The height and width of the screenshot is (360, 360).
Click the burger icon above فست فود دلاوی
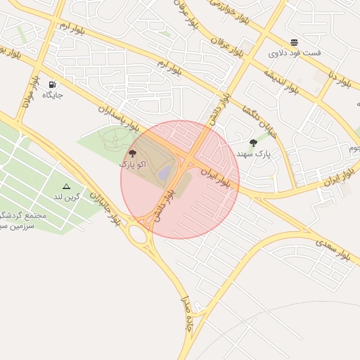pos(294,42)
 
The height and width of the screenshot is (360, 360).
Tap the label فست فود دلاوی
pos(295,53)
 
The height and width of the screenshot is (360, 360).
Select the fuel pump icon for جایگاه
pos(52,84)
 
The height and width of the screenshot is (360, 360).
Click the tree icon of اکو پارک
pos(133,153)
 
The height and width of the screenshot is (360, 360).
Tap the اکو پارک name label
pos(133,164)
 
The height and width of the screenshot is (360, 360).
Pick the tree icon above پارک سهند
pos(253,143)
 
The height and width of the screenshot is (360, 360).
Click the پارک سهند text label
pos(253,153)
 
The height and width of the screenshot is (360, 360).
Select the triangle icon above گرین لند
pos(66,187)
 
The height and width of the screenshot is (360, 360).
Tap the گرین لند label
pos(67,197)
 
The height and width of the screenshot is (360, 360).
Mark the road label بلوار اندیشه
pos(282,82)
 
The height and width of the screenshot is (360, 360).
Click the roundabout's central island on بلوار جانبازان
pos(138,235)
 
